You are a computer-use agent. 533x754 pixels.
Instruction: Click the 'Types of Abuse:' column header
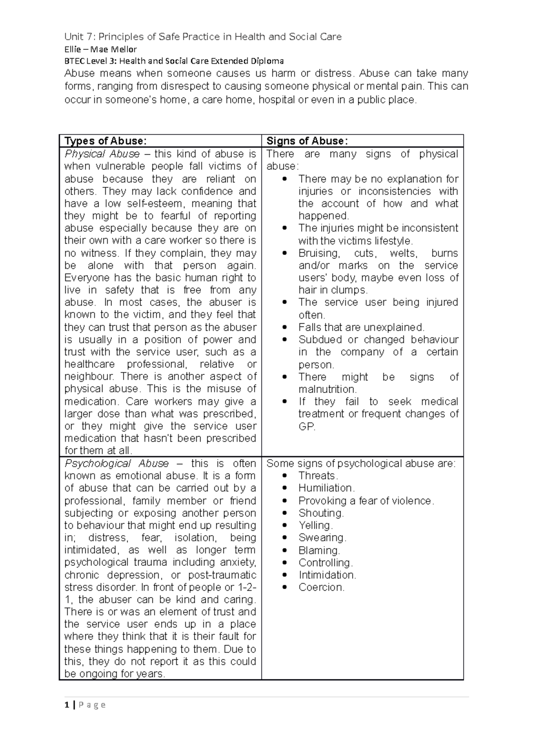pos(105,141)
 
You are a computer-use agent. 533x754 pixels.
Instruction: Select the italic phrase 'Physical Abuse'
pos(102,154)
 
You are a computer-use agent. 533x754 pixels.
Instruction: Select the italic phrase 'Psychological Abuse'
pos(116,464)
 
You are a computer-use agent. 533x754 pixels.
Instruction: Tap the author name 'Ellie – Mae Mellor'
pos(100,49)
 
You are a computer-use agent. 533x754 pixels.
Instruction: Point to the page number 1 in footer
pos(67,705)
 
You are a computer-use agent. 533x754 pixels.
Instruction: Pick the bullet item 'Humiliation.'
pos(326,488)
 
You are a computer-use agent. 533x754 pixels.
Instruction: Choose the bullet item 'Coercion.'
pos(322,587)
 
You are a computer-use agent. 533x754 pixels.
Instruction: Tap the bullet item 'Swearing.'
pos(322,538)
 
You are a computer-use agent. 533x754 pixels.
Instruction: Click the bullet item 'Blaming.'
pos(319,551)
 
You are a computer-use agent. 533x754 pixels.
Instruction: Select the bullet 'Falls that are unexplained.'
pos(361,328)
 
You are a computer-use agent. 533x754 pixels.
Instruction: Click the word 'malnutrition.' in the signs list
pos(327,389)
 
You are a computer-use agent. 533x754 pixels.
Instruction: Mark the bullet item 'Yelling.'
pos(315,525)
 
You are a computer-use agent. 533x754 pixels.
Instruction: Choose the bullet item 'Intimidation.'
pos(327,575)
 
